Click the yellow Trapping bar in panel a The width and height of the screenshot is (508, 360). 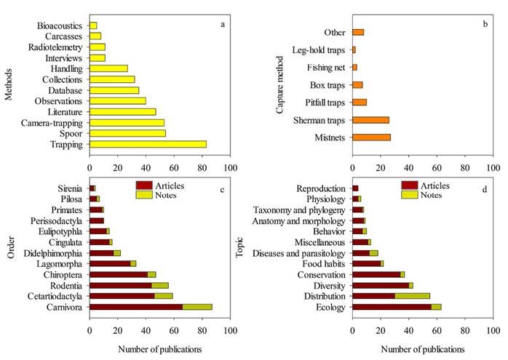[x=148, y=144]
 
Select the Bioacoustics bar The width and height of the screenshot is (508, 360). [x=93, y=25]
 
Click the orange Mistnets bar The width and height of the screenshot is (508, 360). [x=371, y=137]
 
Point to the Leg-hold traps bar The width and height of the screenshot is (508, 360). [x=354, y=49]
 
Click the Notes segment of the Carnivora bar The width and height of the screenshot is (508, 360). [x=197, y=307]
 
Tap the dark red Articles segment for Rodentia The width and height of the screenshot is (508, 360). [x=120, y=286]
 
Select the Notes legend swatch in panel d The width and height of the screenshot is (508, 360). [x=410, y=195]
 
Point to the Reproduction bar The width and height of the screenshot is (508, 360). [x=355, y=188]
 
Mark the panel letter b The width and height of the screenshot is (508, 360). [x=485, y=25]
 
